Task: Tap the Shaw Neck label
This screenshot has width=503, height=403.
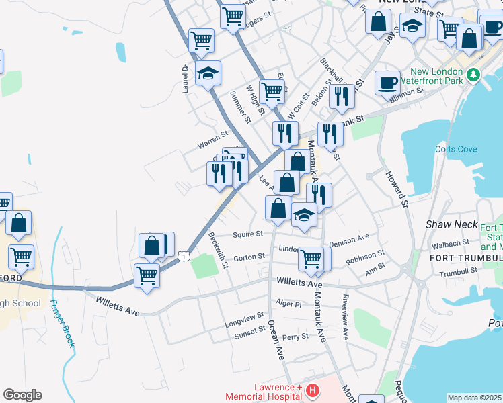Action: pos(451,224)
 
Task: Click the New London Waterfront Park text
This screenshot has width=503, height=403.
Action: pos(438,77)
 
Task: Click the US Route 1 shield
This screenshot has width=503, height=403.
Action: pos(184,256)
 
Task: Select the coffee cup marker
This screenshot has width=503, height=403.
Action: pos(387,83)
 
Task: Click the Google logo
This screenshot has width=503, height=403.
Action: pos(22,395)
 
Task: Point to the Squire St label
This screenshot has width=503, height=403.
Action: pos(247,235)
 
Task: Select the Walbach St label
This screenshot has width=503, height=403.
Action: pos(451,242)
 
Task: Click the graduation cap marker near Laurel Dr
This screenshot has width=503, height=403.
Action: pos(208,73)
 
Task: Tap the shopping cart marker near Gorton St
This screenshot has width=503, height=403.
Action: pos(311,258)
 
